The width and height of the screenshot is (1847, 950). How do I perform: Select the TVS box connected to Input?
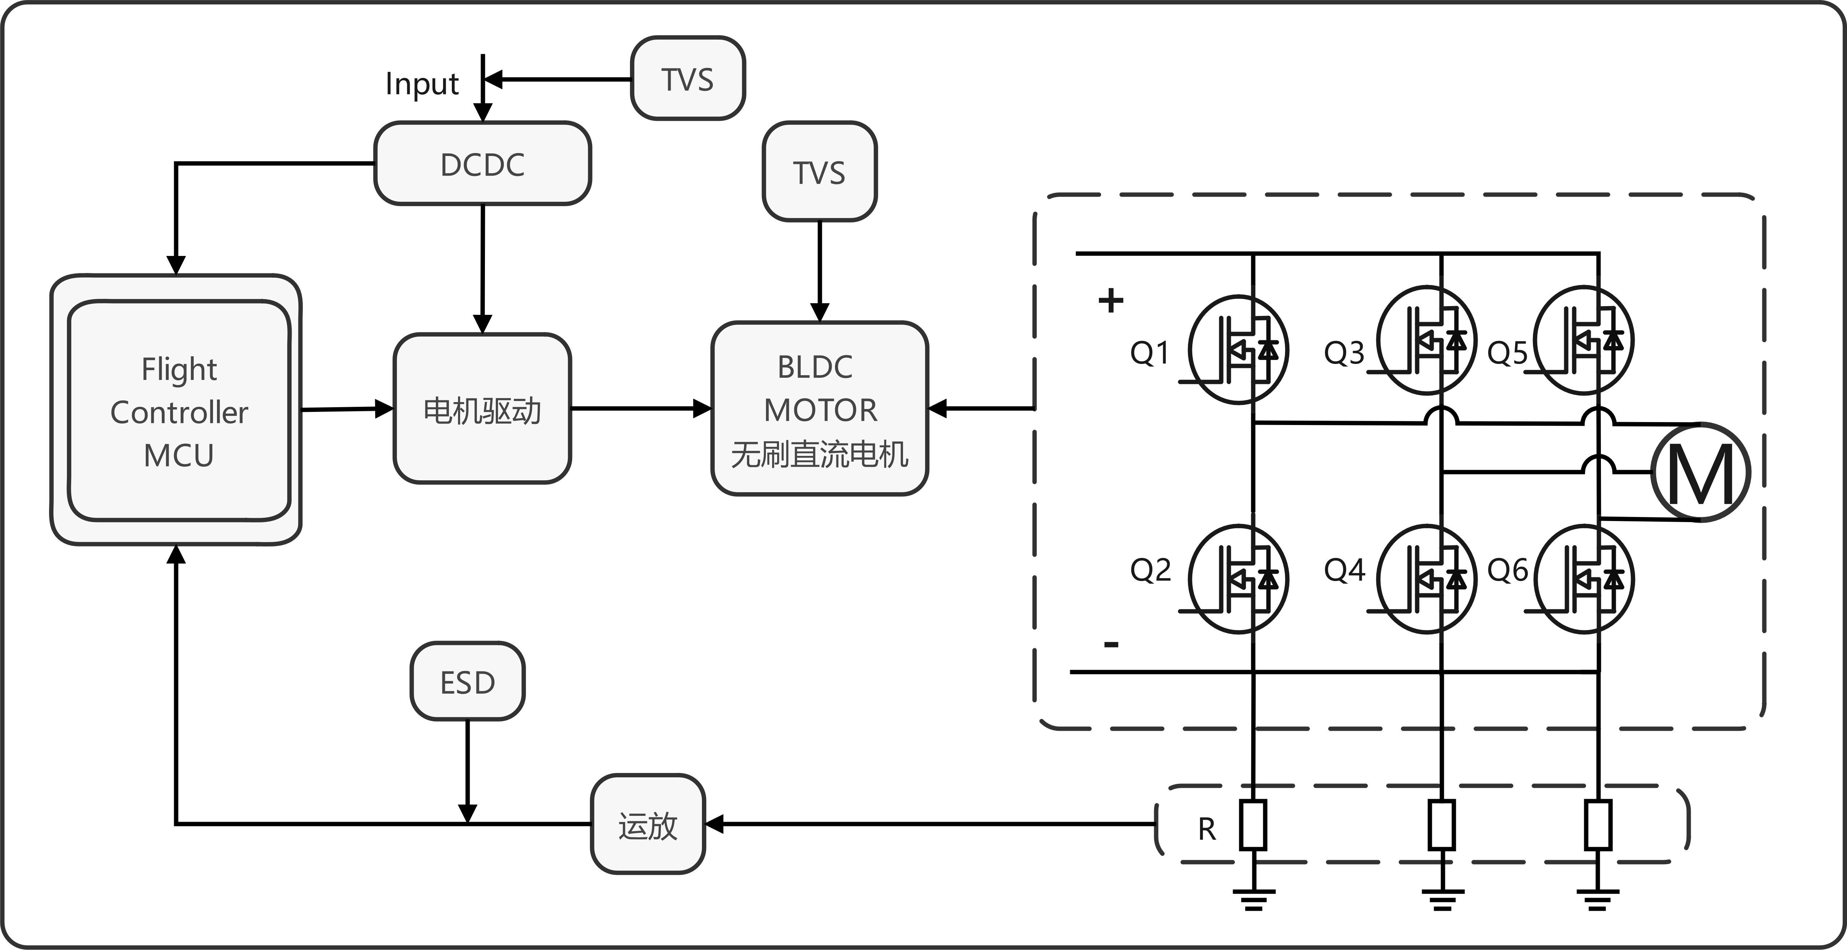pos(688,79)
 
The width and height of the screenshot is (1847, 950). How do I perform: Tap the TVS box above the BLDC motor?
pos(819,172)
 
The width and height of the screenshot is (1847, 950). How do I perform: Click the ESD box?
pos(467,682)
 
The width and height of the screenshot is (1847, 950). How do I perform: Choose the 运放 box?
pos(647,825)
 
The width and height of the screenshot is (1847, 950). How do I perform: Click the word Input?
pos(422,84)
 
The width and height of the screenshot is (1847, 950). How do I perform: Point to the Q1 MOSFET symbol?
pos(1238,350)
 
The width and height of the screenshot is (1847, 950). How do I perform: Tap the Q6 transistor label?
pos(1507,570)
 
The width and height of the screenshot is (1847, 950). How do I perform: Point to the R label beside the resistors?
pos(1207,829)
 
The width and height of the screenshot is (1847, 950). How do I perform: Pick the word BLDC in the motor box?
pos(815,367)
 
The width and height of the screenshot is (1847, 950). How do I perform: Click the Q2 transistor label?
pos(1150,570)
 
